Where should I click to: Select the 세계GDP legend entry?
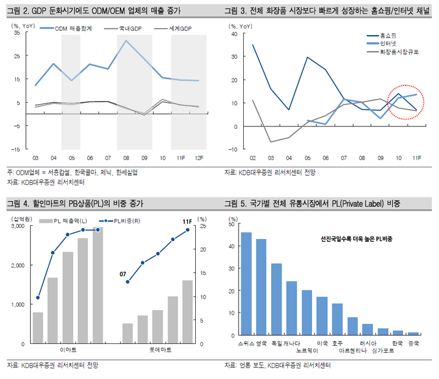pyautogui.click(x=180, y=29)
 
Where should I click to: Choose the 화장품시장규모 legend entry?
pyautogui.click(x=403, y=52)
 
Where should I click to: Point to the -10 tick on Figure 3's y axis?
pyautogui.click(x=233, y=150)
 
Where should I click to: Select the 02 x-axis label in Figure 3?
pyautogui.click(x=253, y=157)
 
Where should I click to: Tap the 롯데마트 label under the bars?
pyautogui.click(x=157, y=351)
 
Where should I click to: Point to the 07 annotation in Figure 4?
pyautogui.click(x=123, y=274)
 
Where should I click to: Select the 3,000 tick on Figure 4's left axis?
pyautogui.click(x=17, y=226)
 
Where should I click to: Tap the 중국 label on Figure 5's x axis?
pyautogui.click(x=413, y=343)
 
